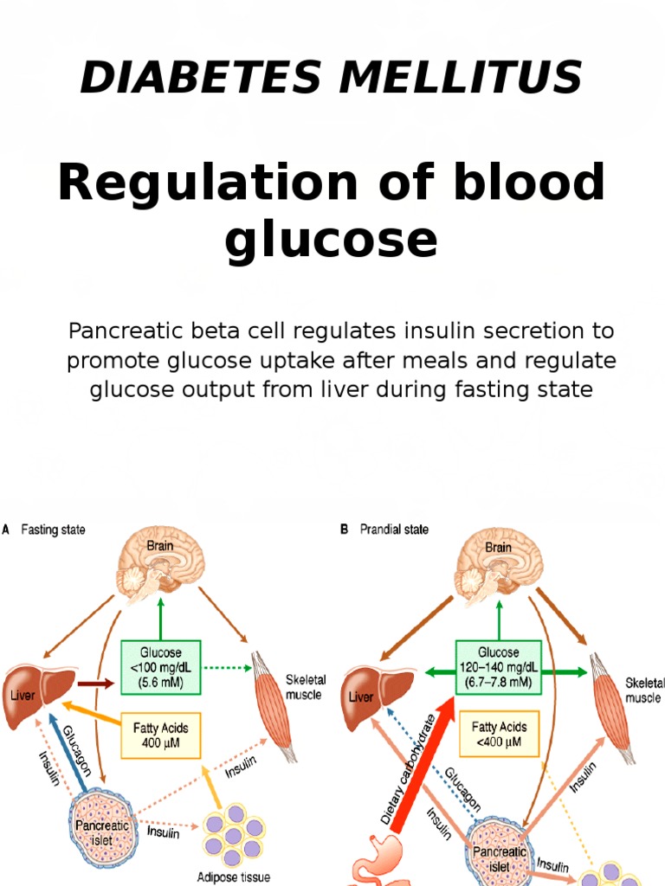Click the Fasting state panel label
point(52,530)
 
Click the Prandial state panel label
point(393,530)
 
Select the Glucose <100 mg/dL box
point(160,665)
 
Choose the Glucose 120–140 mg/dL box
point(498,665)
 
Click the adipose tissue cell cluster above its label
point(231,837)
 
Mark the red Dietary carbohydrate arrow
point(416,761)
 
